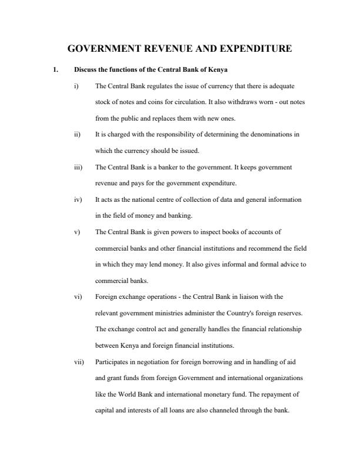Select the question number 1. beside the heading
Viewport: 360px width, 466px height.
(x=55, y=70)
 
